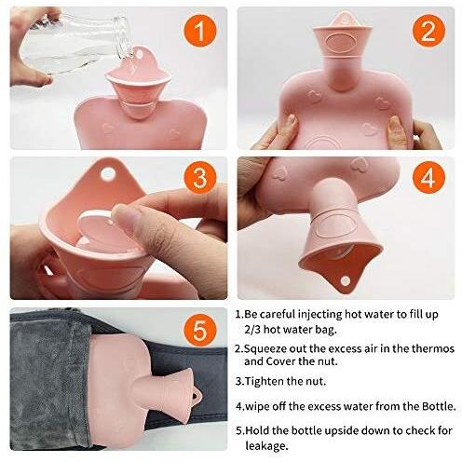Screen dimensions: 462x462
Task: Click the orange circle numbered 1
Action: [200, 31]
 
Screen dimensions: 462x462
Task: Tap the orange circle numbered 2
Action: [428, 31]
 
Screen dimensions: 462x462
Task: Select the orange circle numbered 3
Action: [200, 178]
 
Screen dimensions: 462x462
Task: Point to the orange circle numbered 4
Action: [428, 178]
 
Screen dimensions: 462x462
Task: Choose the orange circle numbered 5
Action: [200, 330]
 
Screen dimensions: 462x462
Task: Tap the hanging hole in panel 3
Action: [107, 174]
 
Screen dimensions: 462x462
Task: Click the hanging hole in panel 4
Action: [346, 281]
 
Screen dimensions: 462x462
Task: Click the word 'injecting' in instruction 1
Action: [320, 315]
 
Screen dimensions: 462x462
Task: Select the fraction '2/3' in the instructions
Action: [252, 330]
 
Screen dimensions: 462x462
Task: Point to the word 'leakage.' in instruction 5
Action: [266, 446]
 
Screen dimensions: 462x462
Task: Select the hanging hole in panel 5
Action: [195, 396]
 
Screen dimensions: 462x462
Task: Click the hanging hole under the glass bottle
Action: [140, 55]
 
